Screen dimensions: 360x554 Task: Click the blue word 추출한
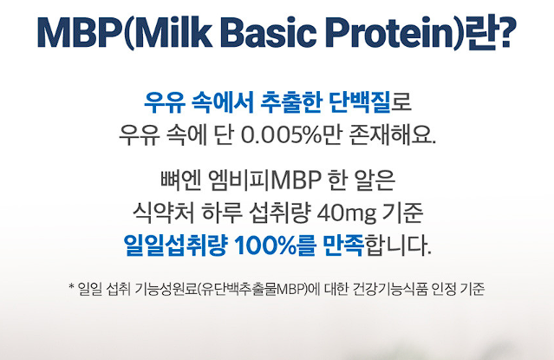tap(290, 105)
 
